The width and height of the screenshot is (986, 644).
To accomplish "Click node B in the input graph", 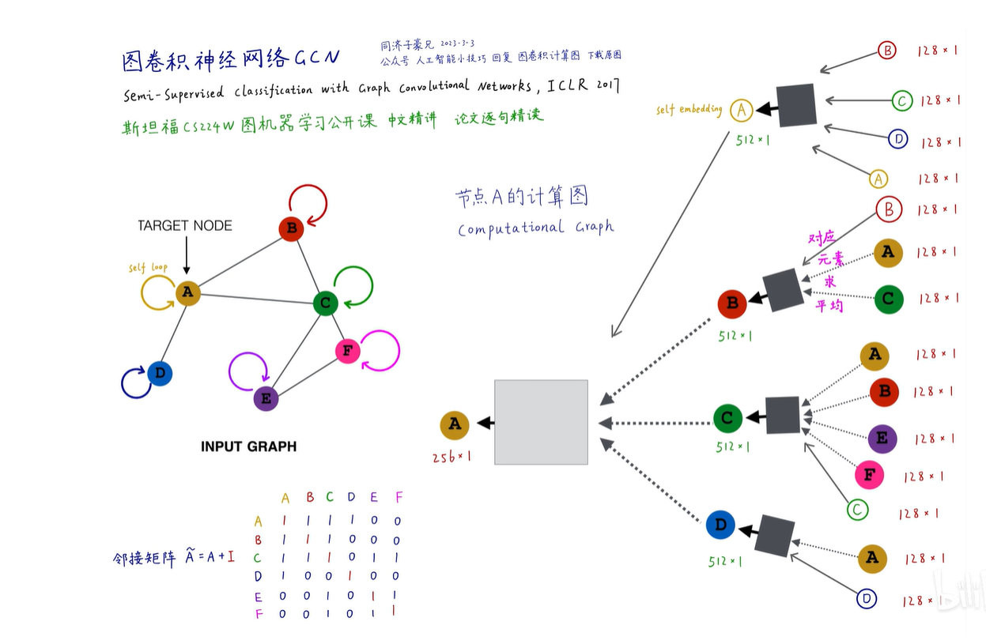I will (x=291, y=230).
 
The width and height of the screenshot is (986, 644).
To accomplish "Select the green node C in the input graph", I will (x=325, y=303).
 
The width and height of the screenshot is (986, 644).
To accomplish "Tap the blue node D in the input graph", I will (x=160, y=373).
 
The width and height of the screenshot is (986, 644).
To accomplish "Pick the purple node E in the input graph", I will (x=266, y=399).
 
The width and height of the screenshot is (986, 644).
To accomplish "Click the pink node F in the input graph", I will (x=348, y=351).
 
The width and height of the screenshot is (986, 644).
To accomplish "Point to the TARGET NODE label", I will (x=185, y=226).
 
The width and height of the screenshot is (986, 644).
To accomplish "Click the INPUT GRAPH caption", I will (x=248, y=446).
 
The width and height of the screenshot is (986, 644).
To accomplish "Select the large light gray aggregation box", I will (x=541, y=422).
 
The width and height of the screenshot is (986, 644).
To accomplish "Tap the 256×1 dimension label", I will (x=451, y=457).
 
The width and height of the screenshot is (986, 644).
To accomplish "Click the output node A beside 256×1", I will (x=455, y=424).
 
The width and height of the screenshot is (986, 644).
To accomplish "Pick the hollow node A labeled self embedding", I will (x=741, y=111).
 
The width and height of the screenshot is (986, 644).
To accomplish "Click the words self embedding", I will (x=689, y=110).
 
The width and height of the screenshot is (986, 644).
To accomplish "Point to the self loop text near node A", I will (x=149, y=268).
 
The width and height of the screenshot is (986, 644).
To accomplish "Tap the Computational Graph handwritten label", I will (x=535, y=228).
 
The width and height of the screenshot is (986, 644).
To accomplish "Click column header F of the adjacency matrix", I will (x=399, y=497).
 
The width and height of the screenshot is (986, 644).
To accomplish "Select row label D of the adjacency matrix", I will (x=258, y=577).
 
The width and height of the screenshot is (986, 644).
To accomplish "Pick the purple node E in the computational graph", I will (x=882, y=439).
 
